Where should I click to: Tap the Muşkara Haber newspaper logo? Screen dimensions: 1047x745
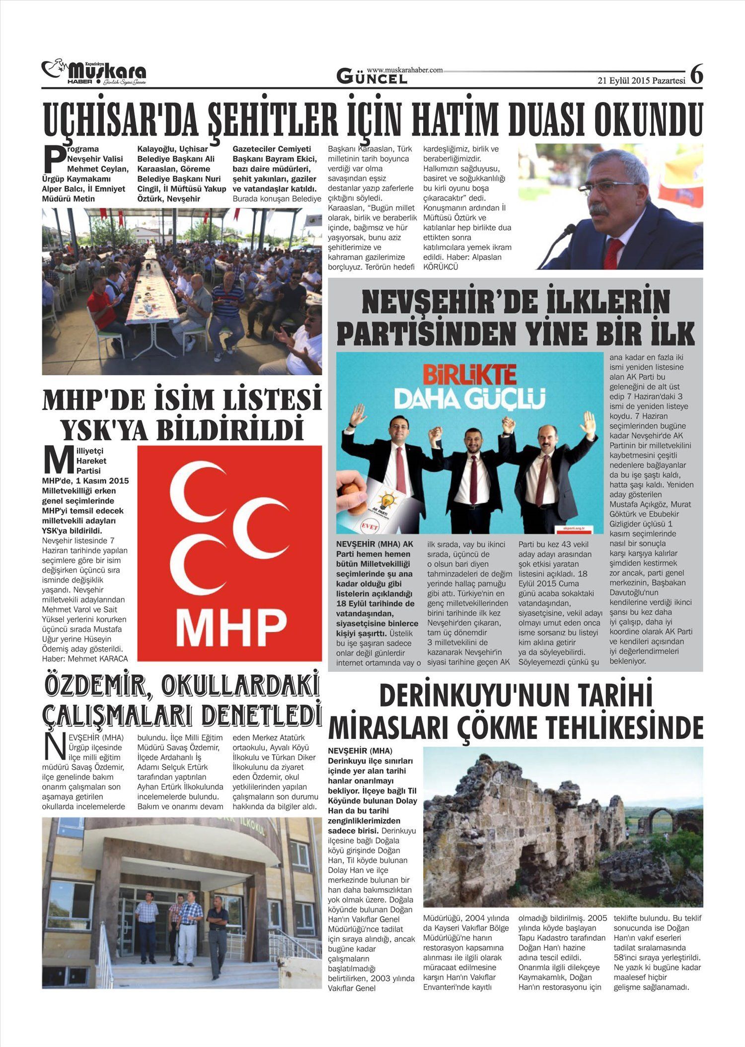click(94, 73)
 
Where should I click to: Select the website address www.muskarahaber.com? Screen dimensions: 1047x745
click(405, 70)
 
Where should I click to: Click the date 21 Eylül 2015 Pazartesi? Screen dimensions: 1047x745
click(641, 81)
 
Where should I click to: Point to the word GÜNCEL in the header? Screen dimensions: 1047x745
click(372, 77)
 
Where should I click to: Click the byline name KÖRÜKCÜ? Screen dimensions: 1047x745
click(440, 267)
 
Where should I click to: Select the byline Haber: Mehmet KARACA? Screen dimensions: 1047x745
click(85, 658)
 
